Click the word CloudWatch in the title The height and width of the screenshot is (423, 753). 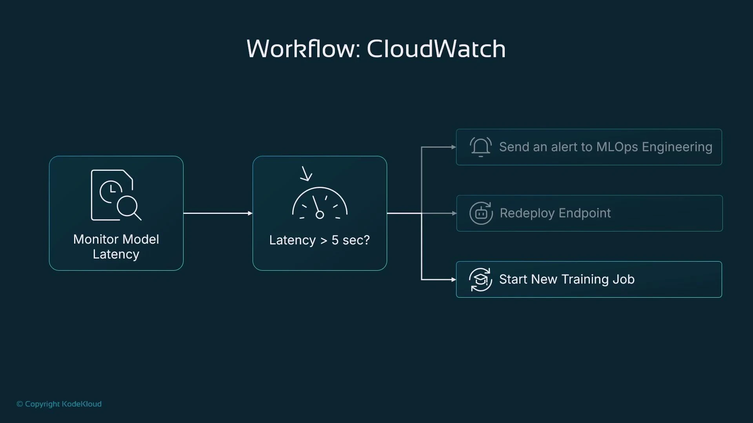(436, 49)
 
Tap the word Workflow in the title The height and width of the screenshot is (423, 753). (300, 49)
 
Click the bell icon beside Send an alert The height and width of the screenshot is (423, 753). (480, 147)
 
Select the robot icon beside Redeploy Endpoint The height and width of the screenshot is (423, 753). (481, 213)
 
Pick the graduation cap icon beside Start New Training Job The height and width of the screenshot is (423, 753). (480, 279)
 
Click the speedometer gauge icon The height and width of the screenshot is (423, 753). (320, 204)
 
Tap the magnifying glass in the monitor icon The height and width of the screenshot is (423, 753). (129, 207)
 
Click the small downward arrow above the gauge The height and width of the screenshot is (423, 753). (306, 174)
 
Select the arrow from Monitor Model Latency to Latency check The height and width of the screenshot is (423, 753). (218, 213)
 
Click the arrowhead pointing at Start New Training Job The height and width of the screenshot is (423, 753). (453, 279)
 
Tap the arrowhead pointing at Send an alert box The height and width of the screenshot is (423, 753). (453, 147)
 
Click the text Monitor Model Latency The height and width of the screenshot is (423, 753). (116, 246)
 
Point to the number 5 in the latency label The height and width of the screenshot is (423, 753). (335, 240)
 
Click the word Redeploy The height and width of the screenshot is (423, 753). (527, 213)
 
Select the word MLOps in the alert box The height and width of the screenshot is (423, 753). (617, 147)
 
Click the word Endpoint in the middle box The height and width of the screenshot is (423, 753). (584, 213)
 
